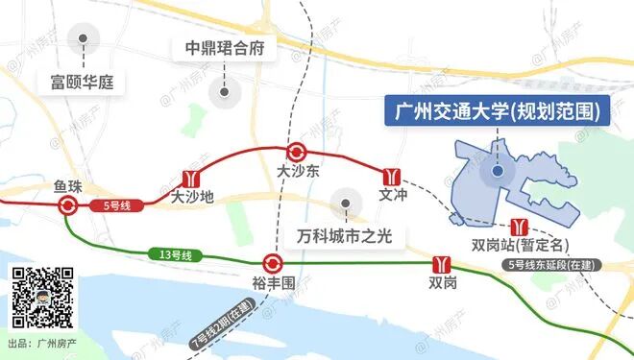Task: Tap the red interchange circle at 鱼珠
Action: [x=67, y=205]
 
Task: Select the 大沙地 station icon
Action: [x=190, y=179]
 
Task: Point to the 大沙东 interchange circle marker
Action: [x=297, y=152]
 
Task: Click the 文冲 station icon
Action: [x=390, y=176]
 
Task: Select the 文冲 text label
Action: [x=394, y=195]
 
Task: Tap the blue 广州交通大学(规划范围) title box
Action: [x=498, y=112]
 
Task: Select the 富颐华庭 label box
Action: [x=82, y=82]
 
